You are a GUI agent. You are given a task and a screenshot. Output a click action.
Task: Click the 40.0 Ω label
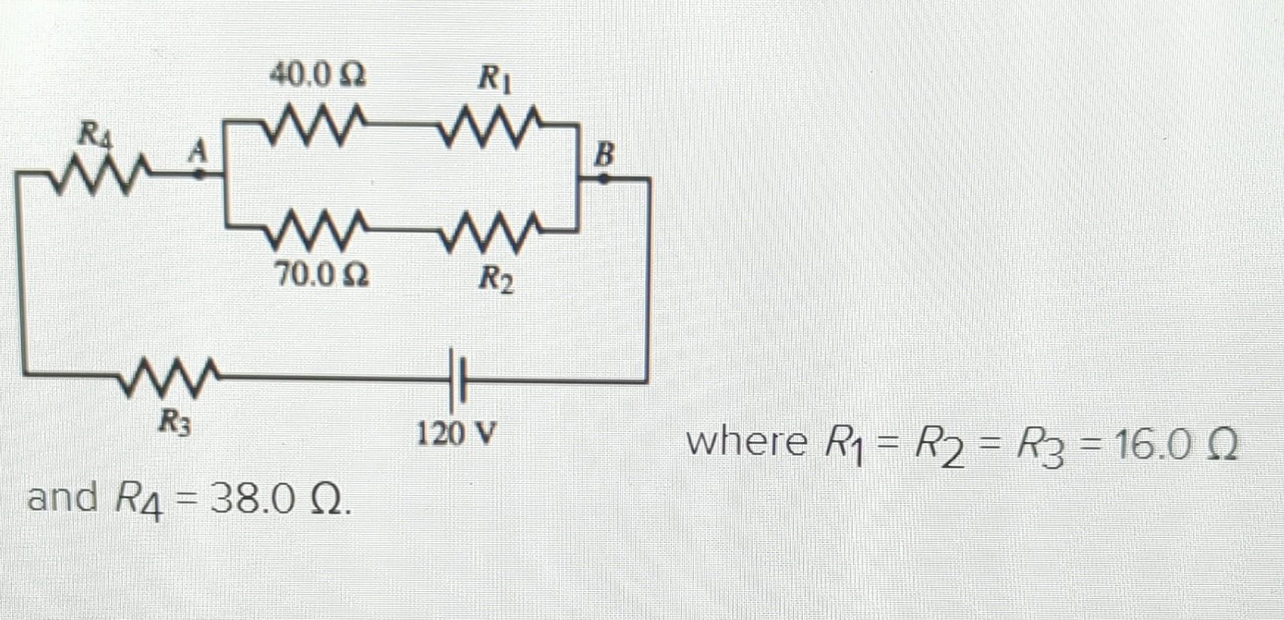pos(318,74)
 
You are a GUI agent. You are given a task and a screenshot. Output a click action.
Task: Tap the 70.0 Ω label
pos(322,274)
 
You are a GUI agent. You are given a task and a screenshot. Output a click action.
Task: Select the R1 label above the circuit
pos(495,79)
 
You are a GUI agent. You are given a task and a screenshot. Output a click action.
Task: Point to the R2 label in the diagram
pos(496,279)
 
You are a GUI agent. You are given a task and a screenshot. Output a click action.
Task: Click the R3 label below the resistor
pos(174,423)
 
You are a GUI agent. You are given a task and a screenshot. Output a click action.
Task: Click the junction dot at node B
pos(604,179)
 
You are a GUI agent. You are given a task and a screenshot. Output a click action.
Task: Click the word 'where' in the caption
pos(746,443)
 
